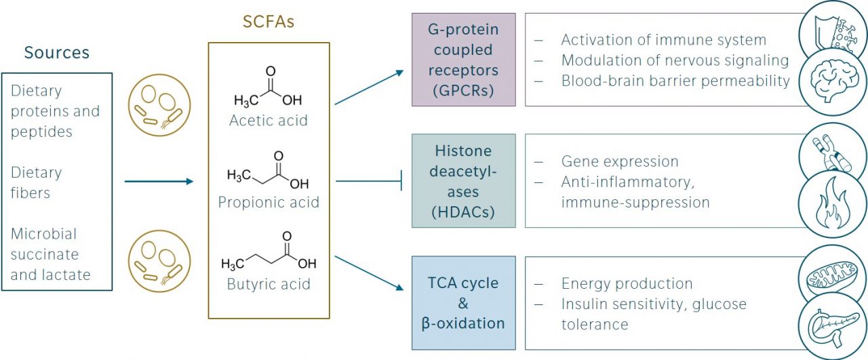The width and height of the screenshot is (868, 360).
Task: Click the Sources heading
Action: pyautogui.click(x=57, y=52)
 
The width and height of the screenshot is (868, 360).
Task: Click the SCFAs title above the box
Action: pyautogui.click(x=269, y=22)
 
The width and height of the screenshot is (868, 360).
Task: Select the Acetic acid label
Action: pyautogui.click(x=269, y=121)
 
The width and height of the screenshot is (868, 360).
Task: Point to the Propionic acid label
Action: pyautogui.click(x=269, y=202)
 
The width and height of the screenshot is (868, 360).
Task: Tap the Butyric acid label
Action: pyautogui.click(x=269, y=283)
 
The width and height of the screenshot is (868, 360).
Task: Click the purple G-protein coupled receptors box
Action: pyautogui.click(x=463, y=60)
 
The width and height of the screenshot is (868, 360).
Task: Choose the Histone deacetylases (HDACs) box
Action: pyautogui.click(x=463, y=181)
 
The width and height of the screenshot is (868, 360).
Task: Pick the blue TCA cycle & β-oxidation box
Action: pyautogui.click(x=463, y=302)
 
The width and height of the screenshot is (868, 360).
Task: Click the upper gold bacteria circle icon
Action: pyautogui.click(x=159, y=105)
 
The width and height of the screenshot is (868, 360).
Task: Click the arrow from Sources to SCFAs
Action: pyautogui.click(x=159, y=182)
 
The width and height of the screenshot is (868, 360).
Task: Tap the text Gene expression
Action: pyautogui.click(x=620, y=161)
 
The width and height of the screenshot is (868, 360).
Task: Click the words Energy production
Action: pyautogui.click(x=627, y=283)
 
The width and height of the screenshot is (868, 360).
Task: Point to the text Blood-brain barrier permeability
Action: pyautogui.click(x=675, y=81)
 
